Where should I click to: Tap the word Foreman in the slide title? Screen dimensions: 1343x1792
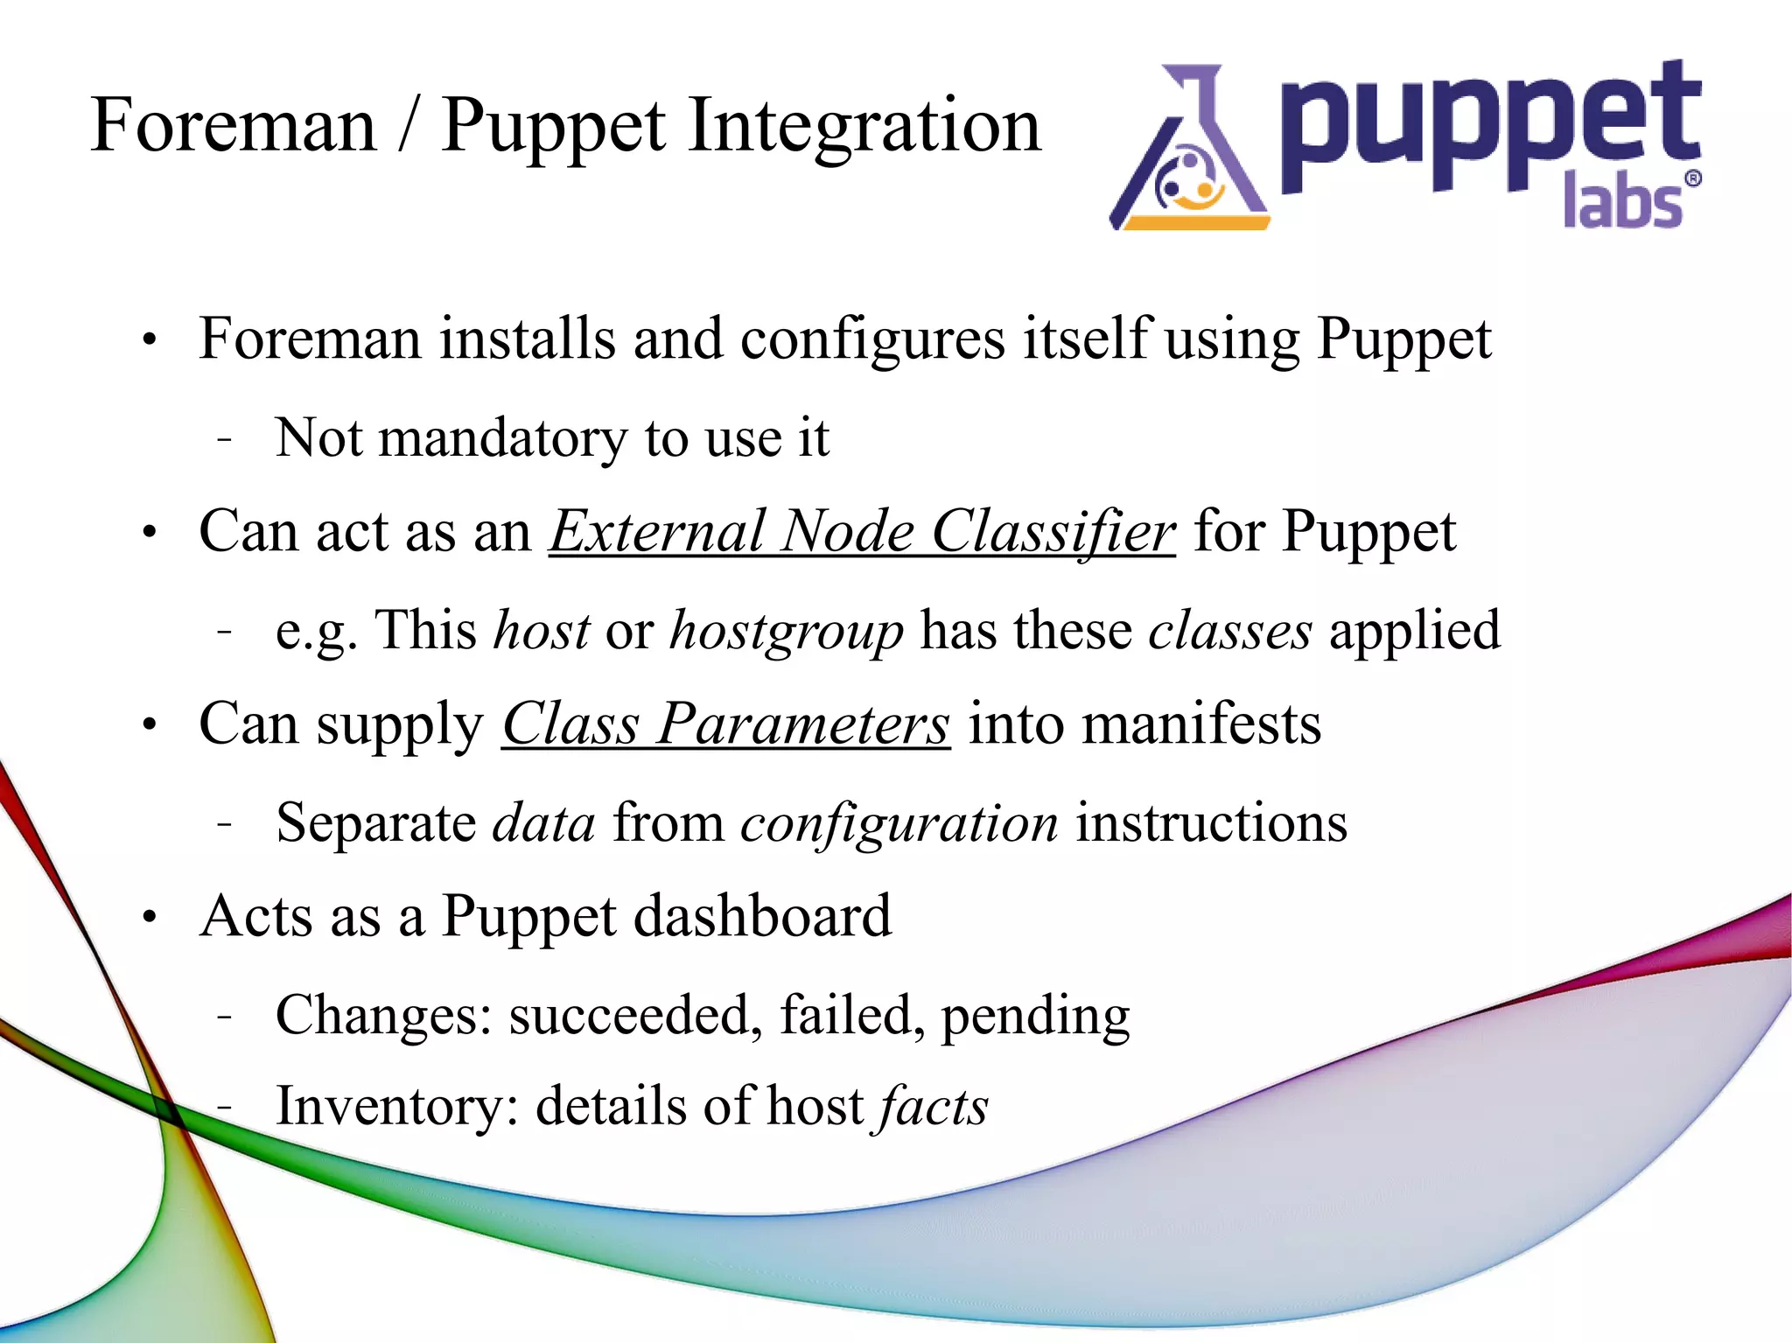(x=233, y=125)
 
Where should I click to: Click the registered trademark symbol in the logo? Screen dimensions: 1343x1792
(x=1693, y=179)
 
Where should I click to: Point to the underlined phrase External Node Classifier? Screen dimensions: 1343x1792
(x=862, y=531)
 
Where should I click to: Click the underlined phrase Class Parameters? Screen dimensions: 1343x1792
(x=725, y=724)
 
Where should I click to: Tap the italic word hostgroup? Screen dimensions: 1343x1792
(x=786, y=631)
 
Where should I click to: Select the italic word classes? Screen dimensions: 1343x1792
(x=1229, y=631)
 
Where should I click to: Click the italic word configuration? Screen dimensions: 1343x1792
(x=899, y=823)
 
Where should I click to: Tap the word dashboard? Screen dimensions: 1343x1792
(x=762, y=916)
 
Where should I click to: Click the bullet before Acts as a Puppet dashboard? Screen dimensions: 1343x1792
(x=150, y=918)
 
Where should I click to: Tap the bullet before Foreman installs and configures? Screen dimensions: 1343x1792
(x=150, y=340)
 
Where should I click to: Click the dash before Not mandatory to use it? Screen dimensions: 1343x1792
(x=225, y=438)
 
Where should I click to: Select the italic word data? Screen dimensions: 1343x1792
(x=543, y=823)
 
